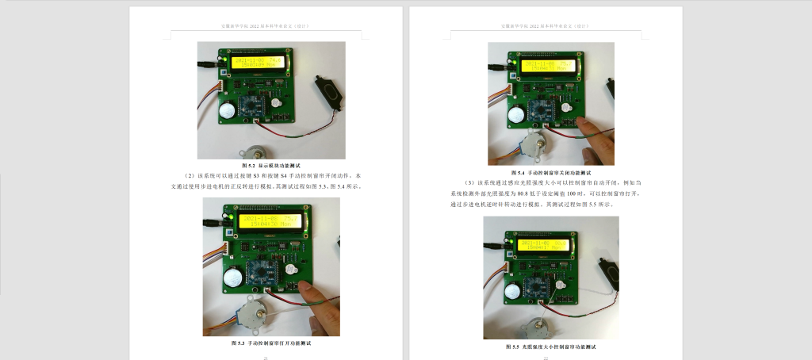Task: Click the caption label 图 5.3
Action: [239, 343]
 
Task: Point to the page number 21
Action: [266, 358]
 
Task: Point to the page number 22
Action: [546, 358]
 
